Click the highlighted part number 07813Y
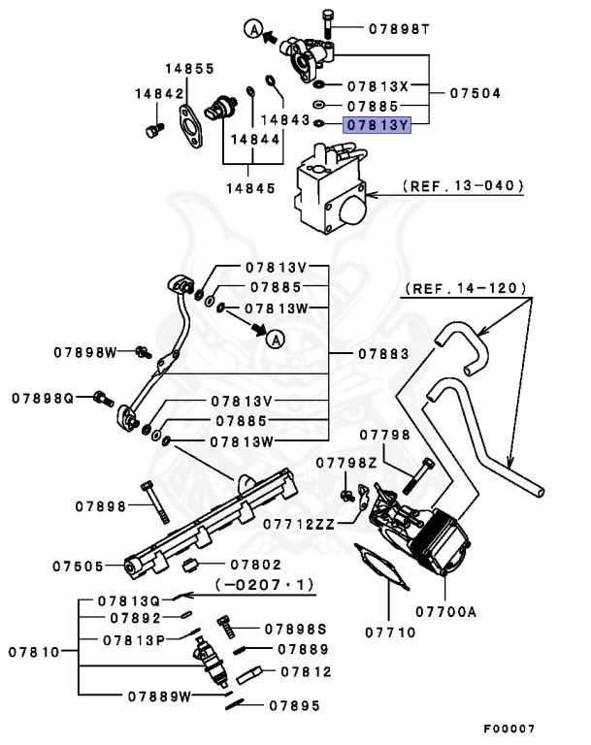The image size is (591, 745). pyautogui.click(x=378, y=124)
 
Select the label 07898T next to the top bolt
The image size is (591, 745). pyautogui.click(x=399, y=29)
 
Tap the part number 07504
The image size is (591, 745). pyautogui.click(x=476, y=94)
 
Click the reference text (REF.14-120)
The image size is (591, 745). pyautogui.click(x=466, y=288)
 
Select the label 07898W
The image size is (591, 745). pyautogui.click(x=85, y=352)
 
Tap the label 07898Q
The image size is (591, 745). pyautogui.click(x=44, y=398)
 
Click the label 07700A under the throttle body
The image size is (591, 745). pyautogui.click(x=445, y=612)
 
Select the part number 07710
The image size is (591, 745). pyautogui.click(x=390, y=632)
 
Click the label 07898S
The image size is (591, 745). pyautogui.click(x=296, y=630)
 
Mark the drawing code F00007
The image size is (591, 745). pyautogui.click(x=509, y=729)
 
